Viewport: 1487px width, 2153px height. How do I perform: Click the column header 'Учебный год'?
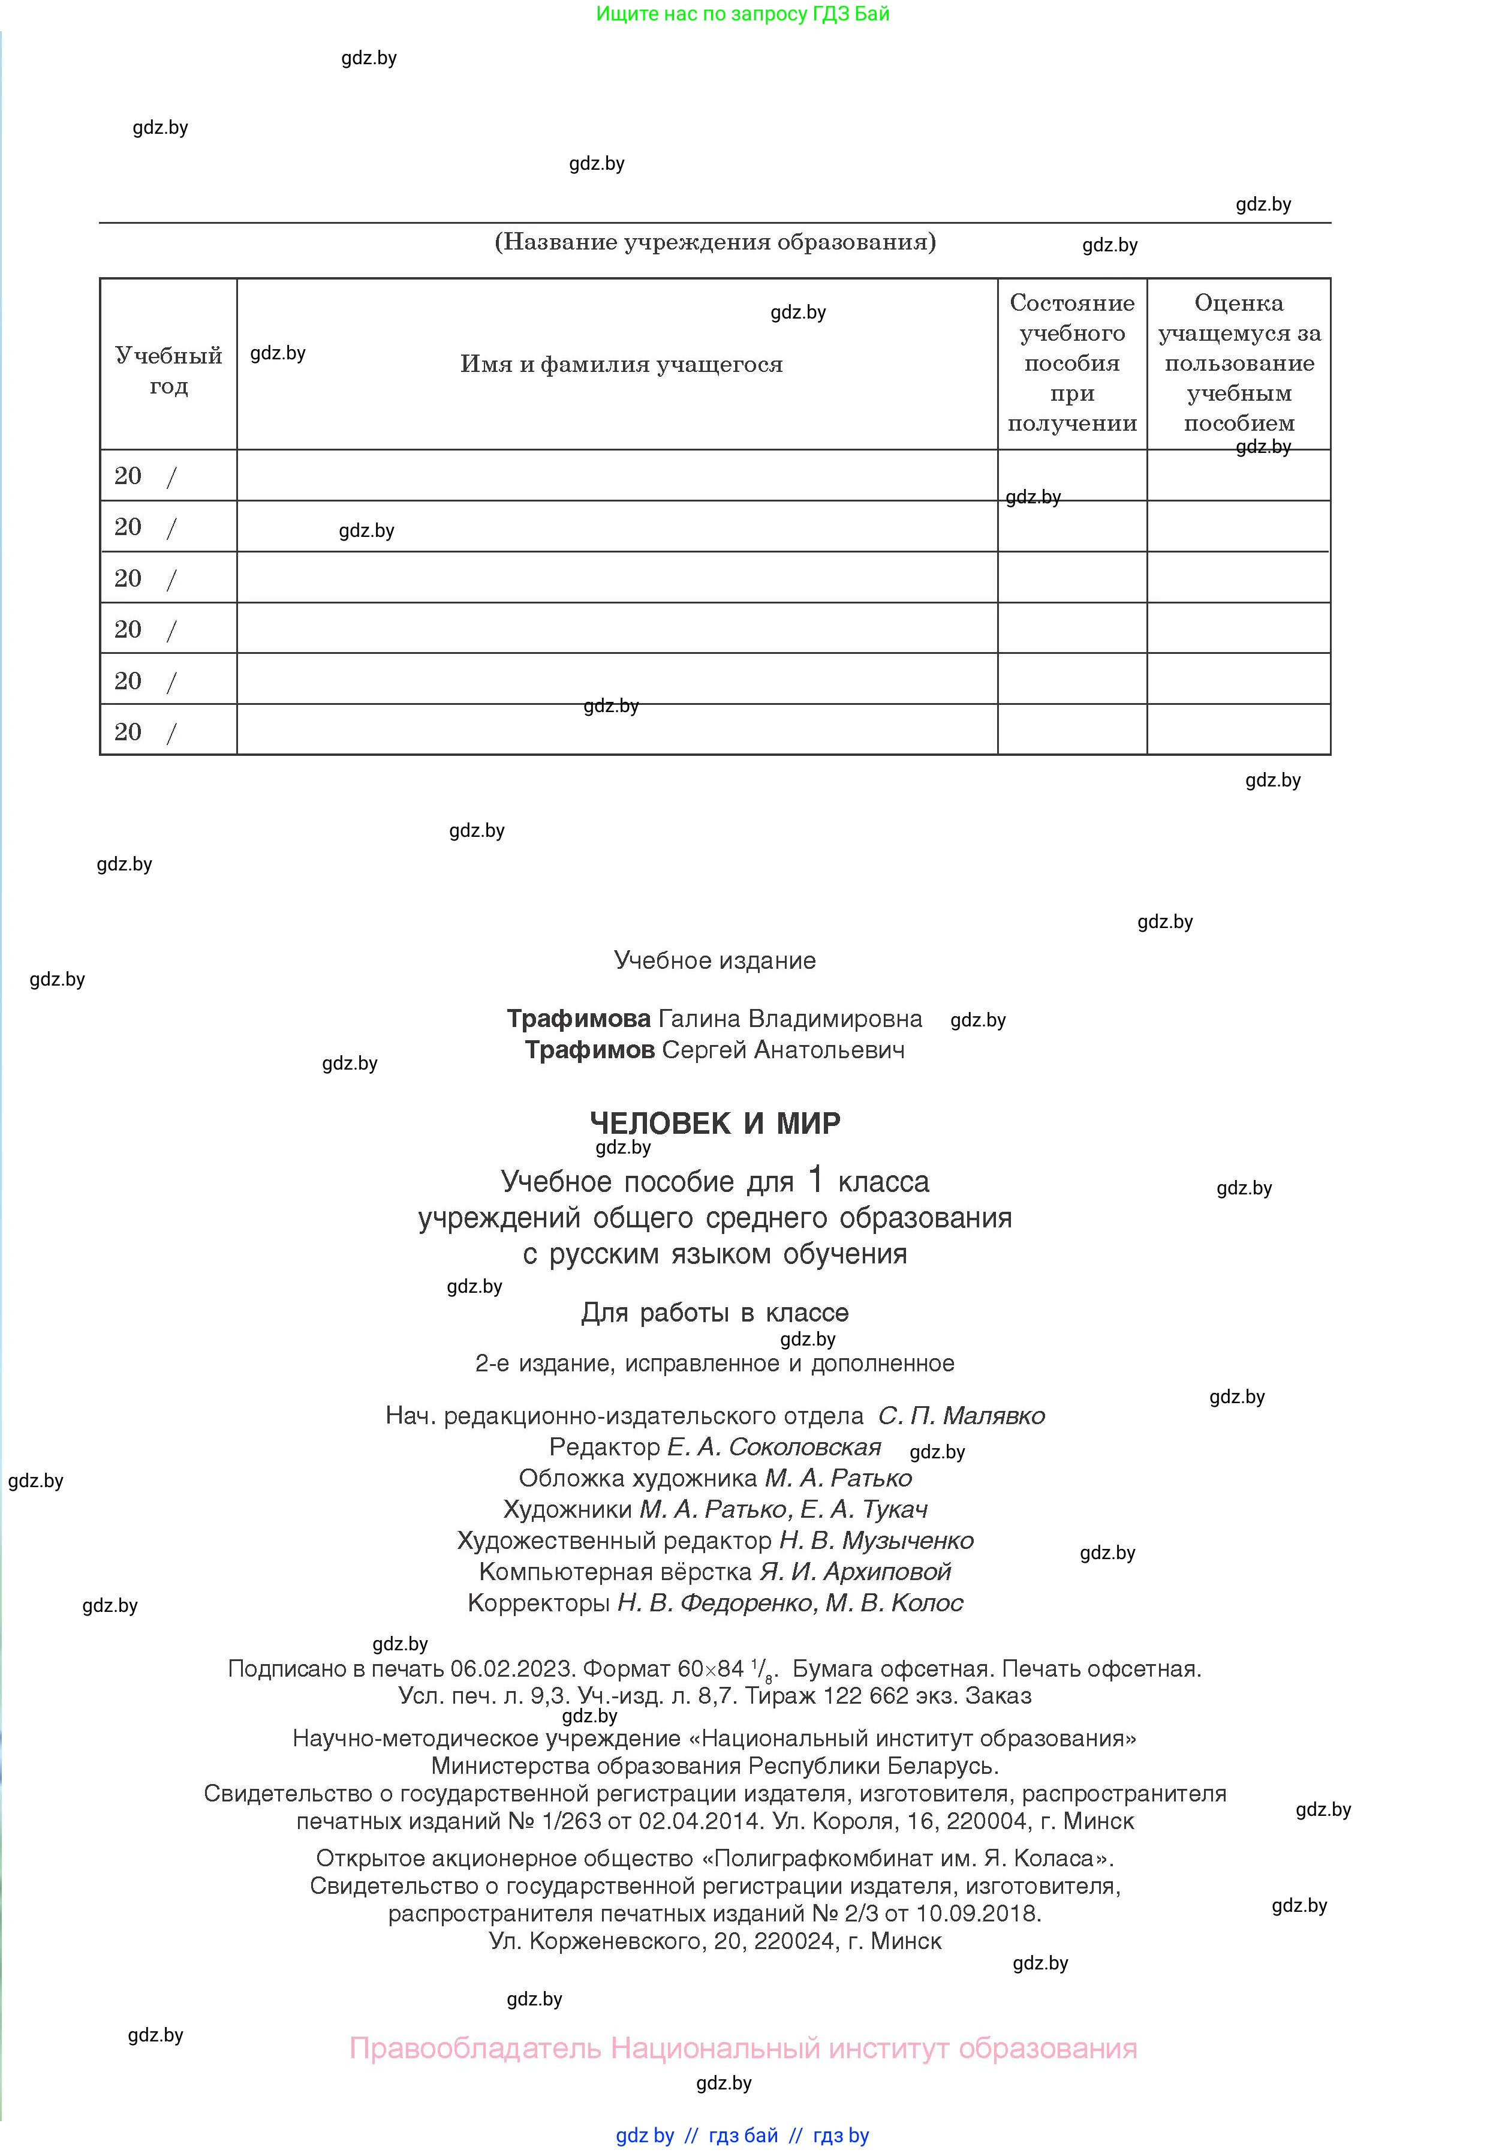click(x=168, y=370)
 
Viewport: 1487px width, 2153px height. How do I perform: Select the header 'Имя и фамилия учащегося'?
click(x=621, y=364)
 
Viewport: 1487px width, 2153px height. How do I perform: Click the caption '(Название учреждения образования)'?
click(x=715, y=242)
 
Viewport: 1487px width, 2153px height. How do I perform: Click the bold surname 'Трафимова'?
click(x=579, y=1019)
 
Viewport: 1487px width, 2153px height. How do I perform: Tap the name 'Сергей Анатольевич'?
click(x=782, y=1050)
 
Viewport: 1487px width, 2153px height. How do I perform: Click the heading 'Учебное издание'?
click(x=715, y=961)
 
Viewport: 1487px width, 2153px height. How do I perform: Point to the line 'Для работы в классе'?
click(x=715, y=1313)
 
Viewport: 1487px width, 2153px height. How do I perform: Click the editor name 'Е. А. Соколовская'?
click(x=773, y=1448)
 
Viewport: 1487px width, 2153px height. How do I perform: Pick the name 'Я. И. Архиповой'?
click(x=854, y=1572)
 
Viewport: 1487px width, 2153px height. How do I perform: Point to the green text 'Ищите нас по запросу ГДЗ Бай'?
click(x=742, y=14)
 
